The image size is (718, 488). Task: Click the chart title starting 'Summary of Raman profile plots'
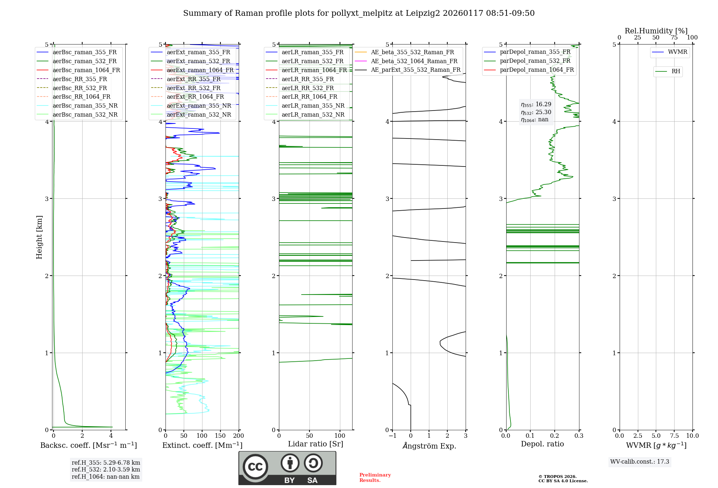(359, 13)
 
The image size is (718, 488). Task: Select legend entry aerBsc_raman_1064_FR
(86, 70)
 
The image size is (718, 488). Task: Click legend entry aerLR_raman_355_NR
(313, 106)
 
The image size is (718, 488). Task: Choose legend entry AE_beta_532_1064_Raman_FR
(414, 61)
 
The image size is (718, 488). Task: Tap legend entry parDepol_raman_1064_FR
(537, 70)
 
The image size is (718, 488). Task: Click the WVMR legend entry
(677, 52)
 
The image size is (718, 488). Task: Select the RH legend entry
(676, 71)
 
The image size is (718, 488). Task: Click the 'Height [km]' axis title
(39, 237)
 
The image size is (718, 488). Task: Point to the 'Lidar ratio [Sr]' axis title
(316, 444)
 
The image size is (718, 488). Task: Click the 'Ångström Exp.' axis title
(429, 446)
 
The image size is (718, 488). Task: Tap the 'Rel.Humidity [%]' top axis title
(656, 31)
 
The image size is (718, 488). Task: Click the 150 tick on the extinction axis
(220, 436)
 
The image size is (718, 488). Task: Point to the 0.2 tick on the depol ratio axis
(555, 436)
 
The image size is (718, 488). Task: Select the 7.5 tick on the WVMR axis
(674, 436)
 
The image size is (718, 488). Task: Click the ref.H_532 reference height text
(106, 470)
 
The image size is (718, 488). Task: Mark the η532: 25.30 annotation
(536, 112)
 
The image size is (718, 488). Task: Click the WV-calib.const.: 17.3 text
(639, 462)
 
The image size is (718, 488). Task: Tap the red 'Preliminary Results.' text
(375, 478)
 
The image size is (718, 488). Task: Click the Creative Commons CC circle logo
(255, 467)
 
